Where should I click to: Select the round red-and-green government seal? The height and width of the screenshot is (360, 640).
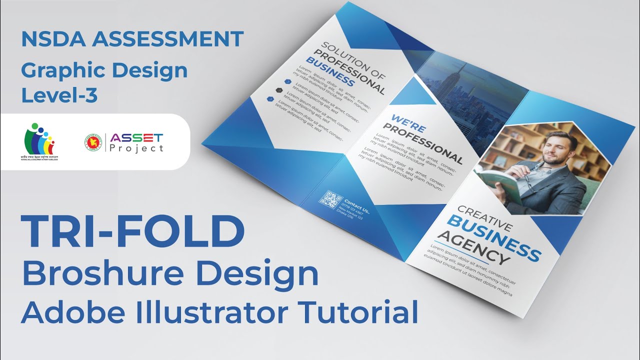(93, 142)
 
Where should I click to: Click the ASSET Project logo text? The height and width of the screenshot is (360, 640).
(136, 142)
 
